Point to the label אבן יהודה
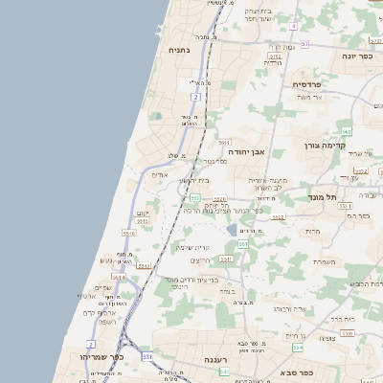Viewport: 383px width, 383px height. [x=245, y=150]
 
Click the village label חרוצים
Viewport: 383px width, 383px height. [x=200, y=260]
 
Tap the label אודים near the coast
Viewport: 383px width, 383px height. [x=160, y=174]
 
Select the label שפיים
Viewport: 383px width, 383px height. [x=102, y=287]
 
